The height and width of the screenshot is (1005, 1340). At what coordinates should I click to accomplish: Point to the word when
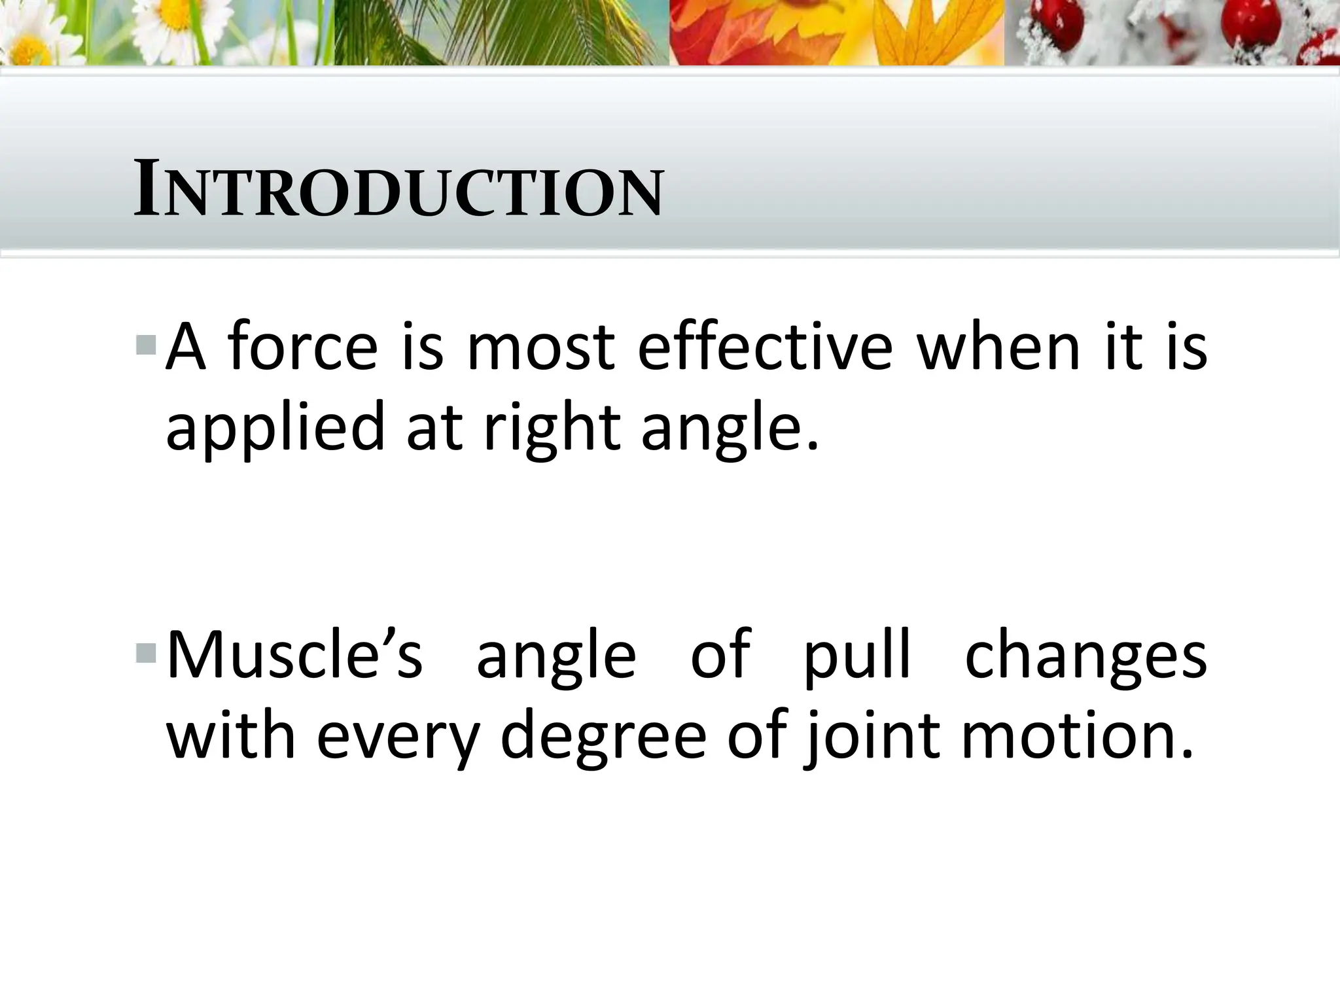[998, 346]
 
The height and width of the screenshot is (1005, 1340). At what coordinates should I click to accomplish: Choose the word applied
[275, 429]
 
